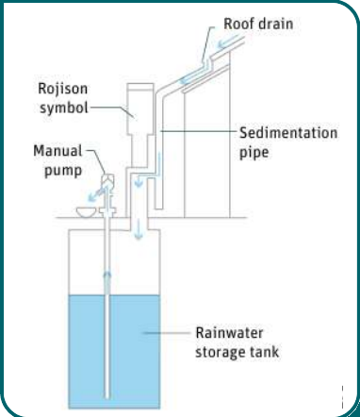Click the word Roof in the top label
point(237,24)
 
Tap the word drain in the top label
point(273,24)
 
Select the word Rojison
point(62,89)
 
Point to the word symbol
point(64,108)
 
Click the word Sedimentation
point(288,133)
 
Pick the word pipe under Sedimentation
point(254,153)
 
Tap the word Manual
point(57,151)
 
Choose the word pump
point(63,171)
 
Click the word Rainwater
point(229,333)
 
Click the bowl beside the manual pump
point(86,212)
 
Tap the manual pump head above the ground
point(108,181)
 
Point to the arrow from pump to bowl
point(96,192)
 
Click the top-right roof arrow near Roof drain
point(230,42)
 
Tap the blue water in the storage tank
point(114,351)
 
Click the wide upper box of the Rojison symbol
point(140,108)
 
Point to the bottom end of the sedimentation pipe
point(158,208)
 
